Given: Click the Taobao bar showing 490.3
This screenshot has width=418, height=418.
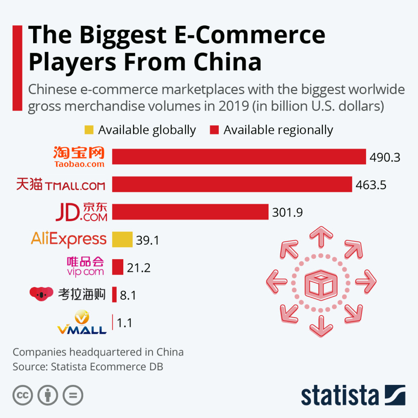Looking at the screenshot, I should pyautogui.click(x=239, y=157).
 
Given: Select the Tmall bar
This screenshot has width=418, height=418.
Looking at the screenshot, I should pyautogui.click(x=232, y=184).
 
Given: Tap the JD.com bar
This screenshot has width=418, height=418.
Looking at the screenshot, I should pyautogui.click(x=190, y=212).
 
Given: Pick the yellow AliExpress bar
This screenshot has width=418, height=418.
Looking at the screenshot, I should pyautogui.click(x=122, y=240).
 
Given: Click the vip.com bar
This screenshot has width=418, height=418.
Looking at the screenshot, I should pyautogui.click(x=118, y=267).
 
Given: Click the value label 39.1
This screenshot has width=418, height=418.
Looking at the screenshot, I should pyautogui.click(x=147, y=240).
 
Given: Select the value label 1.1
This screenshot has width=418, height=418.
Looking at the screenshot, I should pyautogui.click(x=125, y=323).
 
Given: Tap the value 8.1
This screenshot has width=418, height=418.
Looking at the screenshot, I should pyautogui.click(x=128, y=295).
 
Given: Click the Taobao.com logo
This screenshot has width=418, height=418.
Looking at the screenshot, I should pyautogui.click(x=79, y=157).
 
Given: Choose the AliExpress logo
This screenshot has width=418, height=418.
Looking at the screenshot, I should pyautogui.click(x=69, y=240).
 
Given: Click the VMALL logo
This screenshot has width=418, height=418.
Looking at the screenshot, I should pyautogui.click(x=82, y=323).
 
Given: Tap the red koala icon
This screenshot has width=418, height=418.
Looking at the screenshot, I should pyautogui.click(x=42, y=293).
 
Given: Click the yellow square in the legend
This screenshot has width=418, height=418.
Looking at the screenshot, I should pyautogui.click(x=89, y=130).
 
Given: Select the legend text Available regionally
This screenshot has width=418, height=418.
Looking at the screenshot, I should pyautogui.click(x=278, y=130).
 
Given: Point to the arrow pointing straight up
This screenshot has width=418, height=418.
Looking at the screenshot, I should pyautogui.click(x=321, y=237).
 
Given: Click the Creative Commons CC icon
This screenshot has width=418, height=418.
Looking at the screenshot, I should pyautogui.click(x=22, y=395).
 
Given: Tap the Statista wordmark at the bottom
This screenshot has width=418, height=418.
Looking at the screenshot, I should pyautogui.click(x=340, y=396).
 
